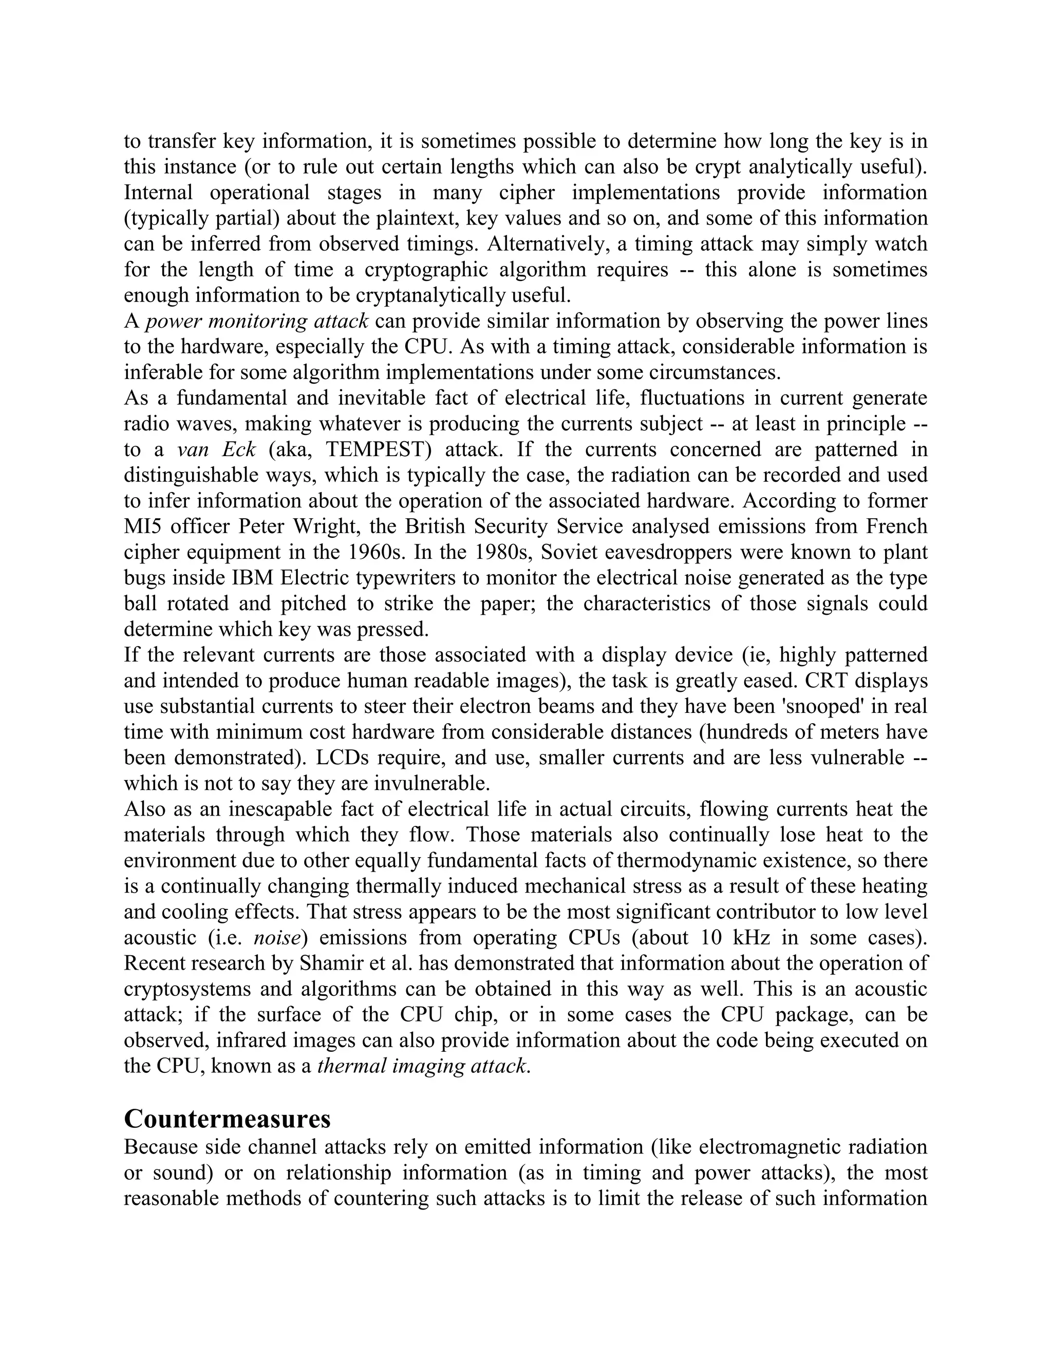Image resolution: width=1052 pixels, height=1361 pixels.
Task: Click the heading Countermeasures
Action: [227, 1119]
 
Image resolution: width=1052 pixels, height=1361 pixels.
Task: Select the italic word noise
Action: [277, 938]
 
